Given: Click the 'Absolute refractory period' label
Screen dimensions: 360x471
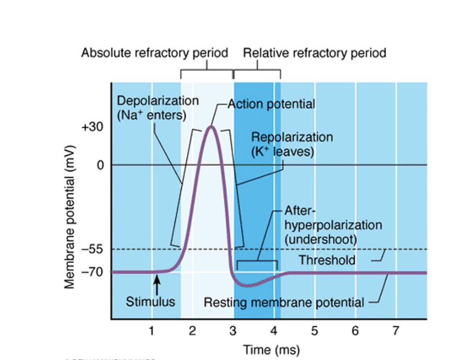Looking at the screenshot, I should (155, 53).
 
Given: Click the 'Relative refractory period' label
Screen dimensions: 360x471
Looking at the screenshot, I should (314, 53).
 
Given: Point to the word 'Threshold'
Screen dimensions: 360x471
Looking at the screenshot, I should (327, 260).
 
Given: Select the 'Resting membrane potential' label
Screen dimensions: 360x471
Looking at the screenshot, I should (284, 302).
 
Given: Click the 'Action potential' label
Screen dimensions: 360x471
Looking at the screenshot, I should (271, 104).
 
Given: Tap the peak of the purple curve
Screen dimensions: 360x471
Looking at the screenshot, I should (211, 126).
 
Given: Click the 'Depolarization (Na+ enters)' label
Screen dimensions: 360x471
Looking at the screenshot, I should (158, 108).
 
